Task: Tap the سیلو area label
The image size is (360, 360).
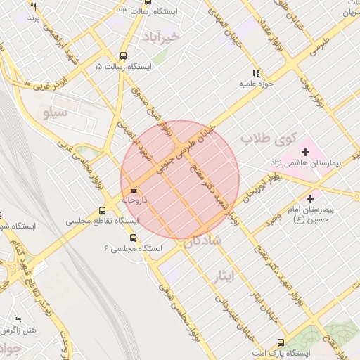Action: [54, 111]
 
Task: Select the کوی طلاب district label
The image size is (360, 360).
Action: [269, 139]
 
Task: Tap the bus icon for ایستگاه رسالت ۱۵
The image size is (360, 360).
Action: [124, 56]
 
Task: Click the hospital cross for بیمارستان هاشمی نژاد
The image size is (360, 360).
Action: [305, 151]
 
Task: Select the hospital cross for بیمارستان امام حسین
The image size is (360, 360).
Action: [310, 200]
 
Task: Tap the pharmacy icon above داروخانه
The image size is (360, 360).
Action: [134, 190]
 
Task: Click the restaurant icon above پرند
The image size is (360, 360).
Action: [34, 6]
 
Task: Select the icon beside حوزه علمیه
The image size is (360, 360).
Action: [256, 72]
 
